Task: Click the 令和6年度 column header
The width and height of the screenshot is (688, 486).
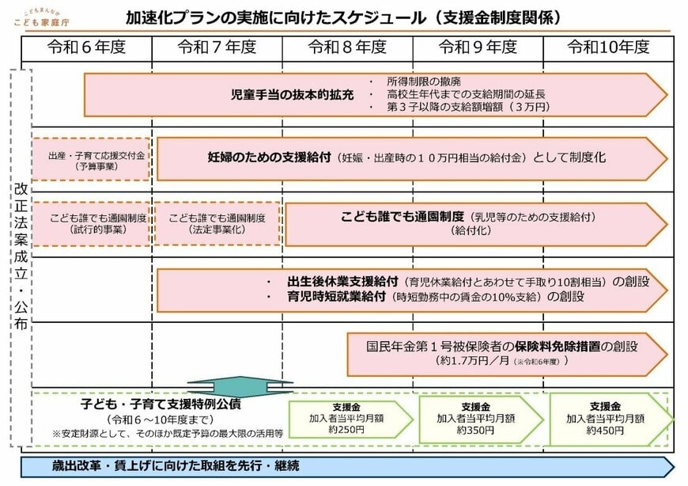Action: (x=86, y=47)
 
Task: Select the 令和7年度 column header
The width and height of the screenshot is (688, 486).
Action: (x=217, y=47)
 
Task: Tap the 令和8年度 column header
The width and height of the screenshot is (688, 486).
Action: (x=347, y=47)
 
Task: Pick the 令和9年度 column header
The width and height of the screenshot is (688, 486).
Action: (x=478, y=47)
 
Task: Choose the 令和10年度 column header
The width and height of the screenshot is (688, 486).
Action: (x=608, y=47)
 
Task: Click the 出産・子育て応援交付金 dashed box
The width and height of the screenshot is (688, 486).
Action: (x=91, y=159)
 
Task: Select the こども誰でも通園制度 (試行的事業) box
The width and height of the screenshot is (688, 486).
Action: (x=91, y=224)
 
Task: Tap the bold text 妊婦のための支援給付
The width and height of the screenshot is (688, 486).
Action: (x=269, y=158)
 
